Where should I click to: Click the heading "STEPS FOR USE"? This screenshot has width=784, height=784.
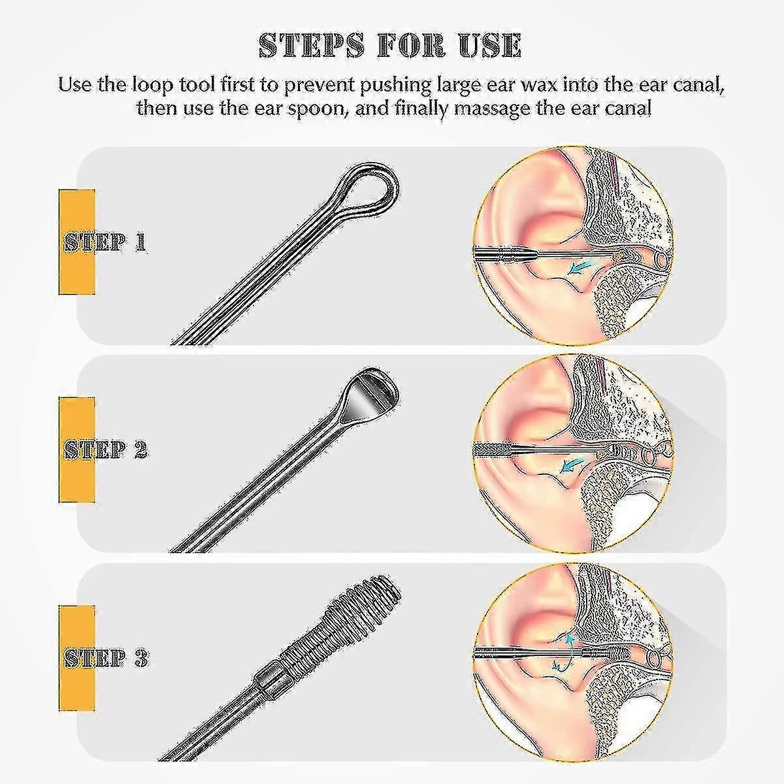coord(390,46)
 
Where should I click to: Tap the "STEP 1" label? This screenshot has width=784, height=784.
coord(105,242)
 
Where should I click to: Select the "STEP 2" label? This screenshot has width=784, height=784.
coord(105,449)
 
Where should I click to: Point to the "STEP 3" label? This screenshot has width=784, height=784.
coord(105,658)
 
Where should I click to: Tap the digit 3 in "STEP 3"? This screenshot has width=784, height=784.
coord(140,658)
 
